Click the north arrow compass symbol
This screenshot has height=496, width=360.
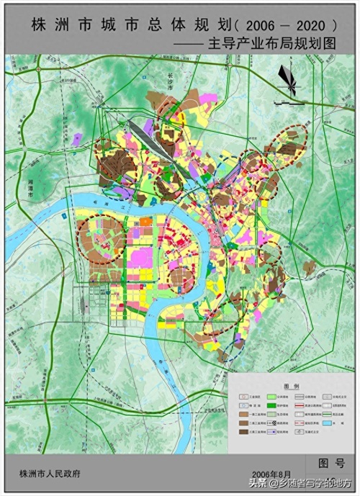[x=288, y=78]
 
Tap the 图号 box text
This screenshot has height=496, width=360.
[x=330, y=461]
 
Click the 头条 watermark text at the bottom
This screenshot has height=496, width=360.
[x=258, y=483]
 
